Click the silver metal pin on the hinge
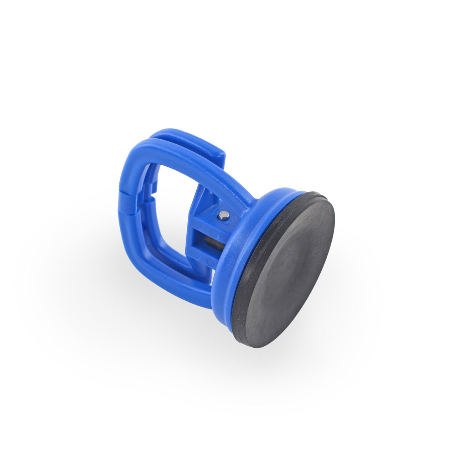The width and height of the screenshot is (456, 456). click(x=224, y=215)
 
